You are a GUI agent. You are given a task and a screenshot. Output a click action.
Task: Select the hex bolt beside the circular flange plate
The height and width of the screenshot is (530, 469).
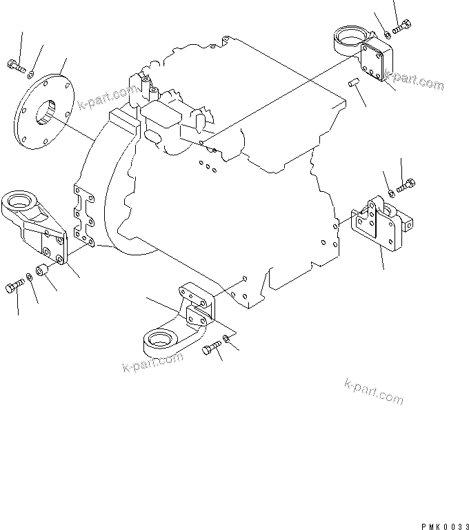click(15, 66)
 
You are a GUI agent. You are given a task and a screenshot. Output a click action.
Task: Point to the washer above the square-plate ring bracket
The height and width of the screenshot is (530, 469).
click(387, 34)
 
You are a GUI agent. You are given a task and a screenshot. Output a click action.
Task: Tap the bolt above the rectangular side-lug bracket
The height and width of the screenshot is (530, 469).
click(405, 184)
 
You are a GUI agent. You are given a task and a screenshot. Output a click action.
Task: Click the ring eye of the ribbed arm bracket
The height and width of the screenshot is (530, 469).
click(19, 202)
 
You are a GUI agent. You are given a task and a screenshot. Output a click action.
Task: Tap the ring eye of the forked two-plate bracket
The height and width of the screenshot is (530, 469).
click(160, 340)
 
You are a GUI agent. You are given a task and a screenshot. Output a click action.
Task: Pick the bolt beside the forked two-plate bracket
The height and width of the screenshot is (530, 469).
click(210, 352)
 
